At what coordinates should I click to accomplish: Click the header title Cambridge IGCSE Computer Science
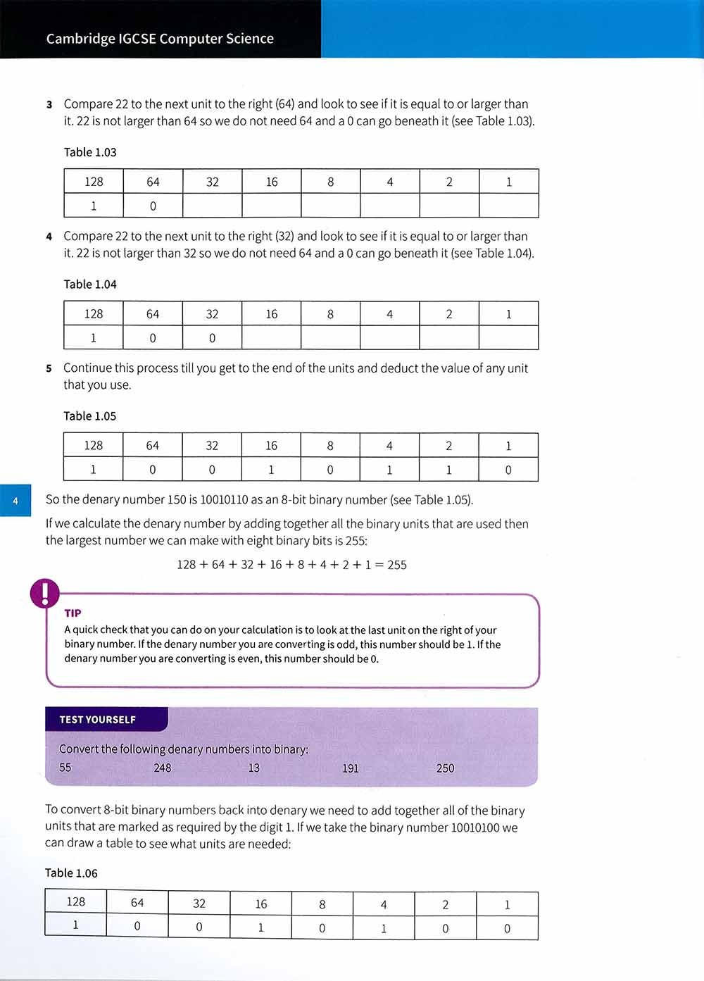160,39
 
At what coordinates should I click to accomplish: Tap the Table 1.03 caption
90,152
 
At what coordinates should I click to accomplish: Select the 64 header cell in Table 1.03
153,182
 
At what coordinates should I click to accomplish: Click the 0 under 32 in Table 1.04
212,338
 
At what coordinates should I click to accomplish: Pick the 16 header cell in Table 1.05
271,446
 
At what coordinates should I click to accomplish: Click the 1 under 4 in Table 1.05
389,470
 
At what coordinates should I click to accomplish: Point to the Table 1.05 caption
90,416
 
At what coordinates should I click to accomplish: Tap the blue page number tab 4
15,501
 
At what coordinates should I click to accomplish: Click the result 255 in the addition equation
397,565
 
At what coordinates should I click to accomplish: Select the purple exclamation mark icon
45,593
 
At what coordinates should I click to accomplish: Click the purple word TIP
73,613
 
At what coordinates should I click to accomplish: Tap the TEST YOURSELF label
98,720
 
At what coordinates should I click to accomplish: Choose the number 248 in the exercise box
163,768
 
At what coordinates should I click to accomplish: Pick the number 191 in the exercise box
350,768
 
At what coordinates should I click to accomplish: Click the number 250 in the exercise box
445,768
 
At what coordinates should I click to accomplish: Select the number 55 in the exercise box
65,768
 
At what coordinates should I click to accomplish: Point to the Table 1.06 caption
71,873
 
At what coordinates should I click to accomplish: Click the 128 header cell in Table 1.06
75,902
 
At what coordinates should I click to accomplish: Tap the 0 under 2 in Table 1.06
445,928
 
